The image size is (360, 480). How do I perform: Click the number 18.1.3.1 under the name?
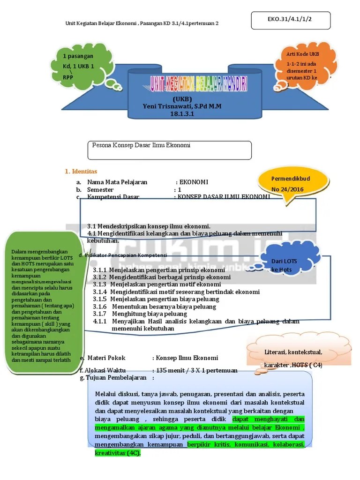pos(182,113)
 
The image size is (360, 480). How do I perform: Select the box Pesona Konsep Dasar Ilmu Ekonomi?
pos(170,150)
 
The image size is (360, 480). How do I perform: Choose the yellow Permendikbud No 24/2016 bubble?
pos(291,184)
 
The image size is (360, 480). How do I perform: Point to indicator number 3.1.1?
pos(100,270)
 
